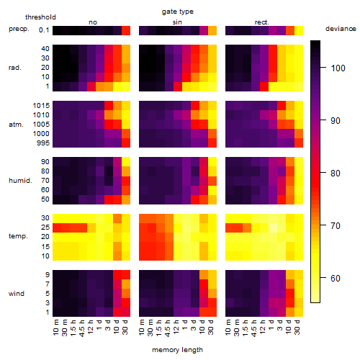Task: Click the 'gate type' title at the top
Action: point(178,12)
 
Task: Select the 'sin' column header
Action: point(177,22)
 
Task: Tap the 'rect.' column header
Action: point(262,22)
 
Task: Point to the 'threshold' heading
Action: point(40,17)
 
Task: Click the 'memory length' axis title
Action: point(177,350)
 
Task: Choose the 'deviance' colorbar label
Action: point(341,29)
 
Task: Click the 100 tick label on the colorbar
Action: point(338,68)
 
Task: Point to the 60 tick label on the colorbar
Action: point(336,279)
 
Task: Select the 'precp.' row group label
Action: point(19,29)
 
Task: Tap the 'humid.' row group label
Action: point(20,181)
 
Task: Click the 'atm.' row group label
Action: point(16,125)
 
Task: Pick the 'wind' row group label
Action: point(17,294)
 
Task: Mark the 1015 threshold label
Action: point(41,106)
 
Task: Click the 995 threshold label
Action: point(43,143)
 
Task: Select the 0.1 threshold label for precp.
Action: point(44,30)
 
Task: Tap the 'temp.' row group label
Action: point(18,236)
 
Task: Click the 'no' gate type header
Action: point(93,22)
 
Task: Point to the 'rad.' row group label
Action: point(15,68)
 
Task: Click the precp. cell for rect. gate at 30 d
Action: point(299,30)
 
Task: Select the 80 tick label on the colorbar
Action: point(336,174)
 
